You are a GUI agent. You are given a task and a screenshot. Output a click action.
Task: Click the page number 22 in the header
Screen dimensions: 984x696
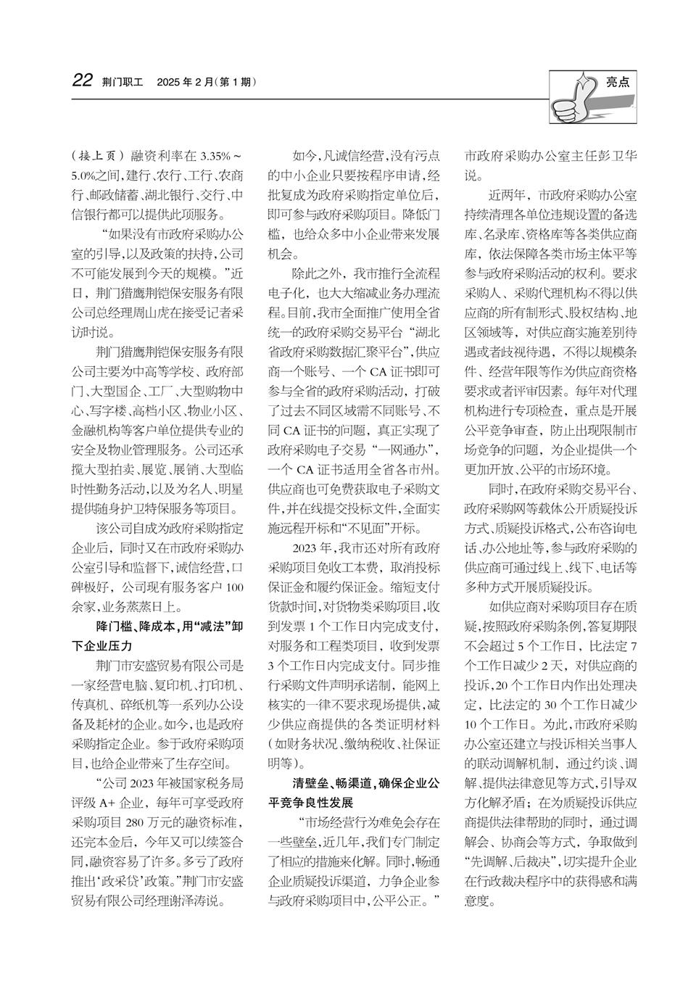tap(83, 80)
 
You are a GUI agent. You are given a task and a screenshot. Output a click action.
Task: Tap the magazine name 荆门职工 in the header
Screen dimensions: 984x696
tap(124, 82)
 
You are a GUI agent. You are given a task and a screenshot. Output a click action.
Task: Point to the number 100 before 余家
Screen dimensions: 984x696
tap(233, 587)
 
